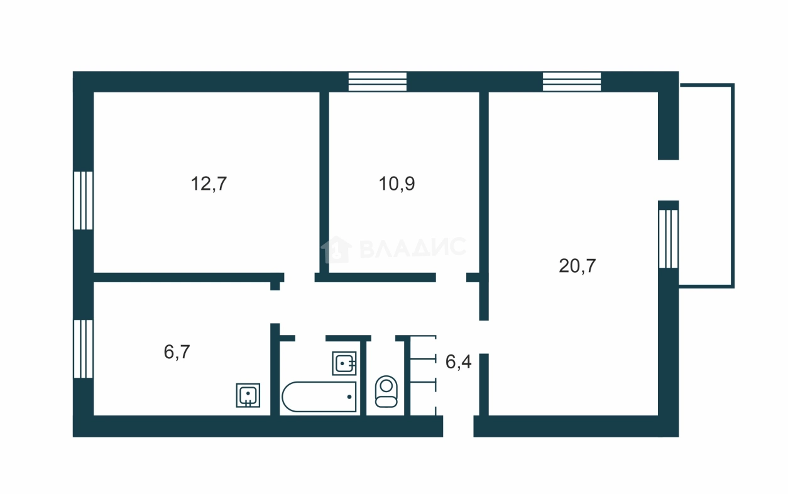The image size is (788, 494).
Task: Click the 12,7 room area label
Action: pyautogui.click(x=209, y=184)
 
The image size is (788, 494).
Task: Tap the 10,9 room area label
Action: pyautogui.click(x=397, y=184)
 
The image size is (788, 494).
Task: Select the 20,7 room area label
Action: pyautogui.click(x=577, y=266)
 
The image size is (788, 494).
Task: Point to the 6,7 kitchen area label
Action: pyautogui.click(x=177, y=352)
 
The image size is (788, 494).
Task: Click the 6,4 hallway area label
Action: pyautogui.click(x=458, y=362)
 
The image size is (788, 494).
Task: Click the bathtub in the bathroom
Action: pyautogui.click(x=319, y=397)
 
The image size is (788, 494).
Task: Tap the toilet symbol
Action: pyautogui.click(x=386, y=392)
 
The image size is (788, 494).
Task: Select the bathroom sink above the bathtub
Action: pyautogui.click(x=344, y=363)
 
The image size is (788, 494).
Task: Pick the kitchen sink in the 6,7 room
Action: pyautogui.click(x=248, y=395)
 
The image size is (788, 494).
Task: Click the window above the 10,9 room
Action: pyautogui.click(x=378, y=82)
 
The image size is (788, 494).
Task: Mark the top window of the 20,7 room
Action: pyautogui.click(x=572, y=82)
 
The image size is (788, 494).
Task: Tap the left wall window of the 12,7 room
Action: pyautogui.click(x=84, y=200)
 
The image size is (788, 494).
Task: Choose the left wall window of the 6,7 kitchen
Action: pyautogui.click(x=84, y=349)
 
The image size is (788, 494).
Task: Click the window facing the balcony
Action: pyautogui.click(x=669, y=239)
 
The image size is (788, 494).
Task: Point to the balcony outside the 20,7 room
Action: pyautogui.click(x=706, y=186)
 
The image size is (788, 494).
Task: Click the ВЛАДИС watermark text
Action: pyautogui.click(x=413, y=248)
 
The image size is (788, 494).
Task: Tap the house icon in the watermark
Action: pyautogui.click(x=336, y=250)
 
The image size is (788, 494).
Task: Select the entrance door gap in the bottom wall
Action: pyautogui.click(x=458, y=426)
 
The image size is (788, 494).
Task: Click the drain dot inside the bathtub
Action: pyautogui.click(x=349, y=397)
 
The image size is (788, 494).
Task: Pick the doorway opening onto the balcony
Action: pyautogui.click(x=669, y=180)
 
